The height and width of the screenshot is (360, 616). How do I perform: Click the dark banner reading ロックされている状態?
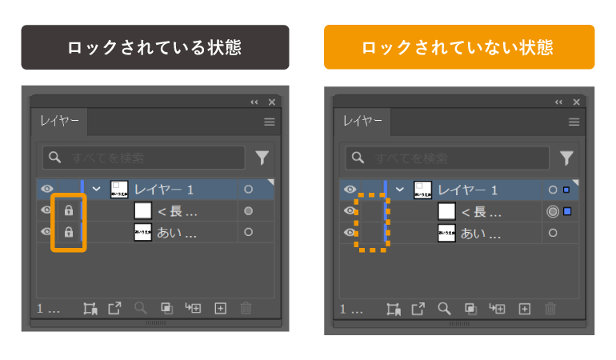[x=154, y=47]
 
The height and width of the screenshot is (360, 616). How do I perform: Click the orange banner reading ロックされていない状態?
[x=458, y=47]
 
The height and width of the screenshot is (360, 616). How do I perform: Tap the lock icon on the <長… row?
[x=69, y=211]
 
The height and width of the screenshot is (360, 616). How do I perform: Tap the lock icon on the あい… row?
[x=69, y=232]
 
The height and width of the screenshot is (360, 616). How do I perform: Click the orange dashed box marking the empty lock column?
[x=372, y=222]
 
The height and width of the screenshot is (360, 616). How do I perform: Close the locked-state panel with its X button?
[x=272, y=102]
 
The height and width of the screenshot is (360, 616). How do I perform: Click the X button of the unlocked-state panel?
[x=576, y=102]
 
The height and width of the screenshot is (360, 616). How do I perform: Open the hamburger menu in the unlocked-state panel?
[x=574, y=122]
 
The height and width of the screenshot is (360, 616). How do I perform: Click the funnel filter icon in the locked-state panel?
[x=262, y=158]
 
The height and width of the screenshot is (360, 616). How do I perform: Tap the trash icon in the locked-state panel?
[x=246, y=308]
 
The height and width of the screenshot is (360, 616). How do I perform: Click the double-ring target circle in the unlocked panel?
[x=552, y=212]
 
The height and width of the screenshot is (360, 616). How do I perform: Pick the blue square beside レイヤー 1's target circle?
[x=566, y=190]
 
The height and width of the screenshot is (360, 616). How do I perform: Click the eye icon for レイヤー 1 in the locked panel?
[x=46, y=190]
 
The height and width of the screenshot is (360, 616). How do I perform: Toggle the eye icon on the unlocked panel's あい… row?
[x=350, y=233]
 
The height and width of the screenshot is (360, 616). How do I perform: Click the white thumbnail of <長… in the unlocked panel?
[x=447, y=212]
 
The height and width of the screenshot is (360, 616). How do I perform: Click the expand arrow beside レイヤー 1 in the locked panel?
[x=97, y=190]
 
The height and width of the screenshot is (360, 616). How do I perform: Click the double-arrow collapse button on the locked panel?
[x=254, y=102]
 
